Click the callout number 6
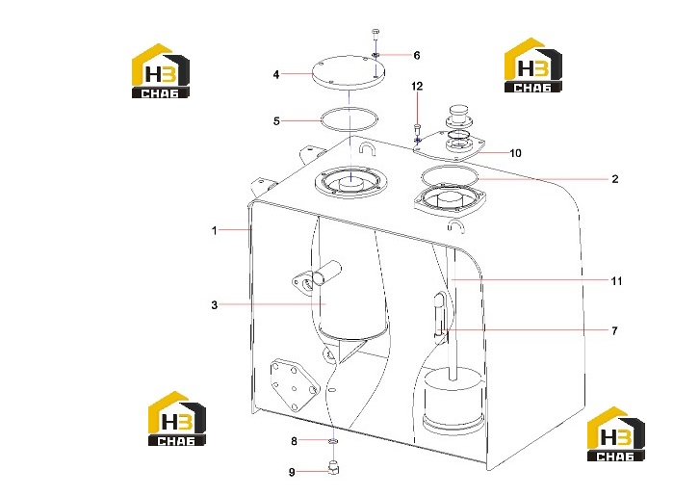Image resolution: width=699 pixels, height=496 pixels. pos(417,55)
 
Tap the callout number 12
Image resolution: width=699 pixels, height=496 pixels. pos(417,86)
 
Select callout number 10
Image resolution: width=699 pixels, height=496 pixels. pos(515,153)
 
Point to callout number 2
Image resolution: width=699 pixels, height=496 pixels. pos(615,179)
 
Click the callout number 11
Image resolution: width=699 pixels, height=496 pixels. pos(616,281)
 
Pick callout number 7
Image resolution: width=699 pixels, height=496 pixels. pos(614,331)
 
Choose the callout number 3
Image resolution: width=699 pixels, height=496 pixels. pos(215,305)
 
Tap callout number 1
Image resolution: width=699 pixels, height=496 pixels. pos(215,230)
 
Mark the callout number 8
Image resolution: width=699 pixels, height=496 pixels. pos(294,441)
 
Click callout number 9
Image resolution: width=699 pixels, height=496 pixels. pos(292,472)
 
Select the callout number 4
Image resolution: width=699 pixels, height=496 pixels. pos(276,74)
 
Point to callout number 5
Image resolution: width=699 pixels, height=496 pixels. pos(276,121)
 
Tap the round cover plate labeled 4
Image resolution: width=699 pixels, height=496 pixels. pos(349,73)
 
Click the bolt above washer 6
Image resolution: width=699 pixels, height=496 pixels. pos(375,35)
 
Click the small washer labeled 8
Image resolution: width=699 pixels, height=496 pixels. pos(333,441)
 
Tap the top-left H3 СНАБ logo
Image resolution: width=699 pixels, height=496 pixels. pos(161,71)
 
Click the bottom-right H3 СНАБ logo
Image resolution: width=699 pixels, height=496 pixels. pos(615,434)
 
